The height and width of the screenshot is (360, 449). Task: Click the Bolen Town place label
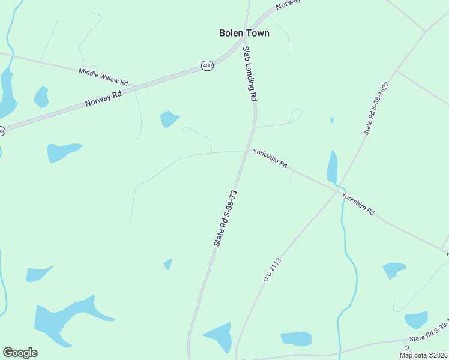pos(244,33)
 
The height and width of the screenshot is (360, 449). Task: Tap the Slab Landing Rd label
pos(250,73)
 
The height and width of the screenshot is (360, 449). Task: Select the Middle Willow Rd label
pos(103,76)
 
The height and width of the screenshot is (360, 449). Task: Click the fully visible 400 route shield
pos(207,65)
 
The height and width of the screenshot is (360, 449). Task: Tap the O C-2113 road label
pos(272,269)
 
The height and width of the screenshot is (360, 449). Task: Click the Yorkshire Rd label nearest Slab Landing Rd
pos(270,158)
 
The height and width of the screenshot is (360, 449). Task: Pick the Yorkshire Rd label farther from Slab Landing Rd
pos(358,204)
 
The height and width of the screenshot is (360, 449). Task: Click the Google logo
pos(20,353)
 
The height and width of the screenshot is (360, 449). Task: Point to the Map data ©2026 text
pos(423,355)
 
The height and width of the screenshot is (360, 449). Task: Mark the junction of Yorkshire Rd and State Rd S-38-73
pos(245,151)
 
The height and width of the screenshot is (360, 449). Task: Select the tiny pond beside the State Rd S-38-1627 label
pos(331,120)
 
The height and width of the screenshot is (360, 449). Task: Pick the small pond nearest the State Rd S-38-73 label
pos(169,263)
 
